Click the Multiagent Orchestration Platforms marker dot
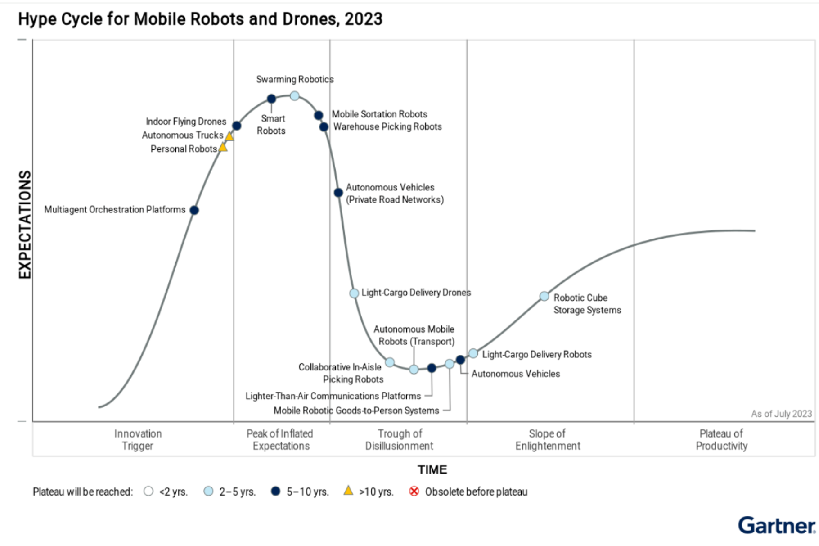pyautogui.click(x=194, y=210)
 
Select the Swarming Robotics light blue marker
pyautogui.click(x=295, y=96)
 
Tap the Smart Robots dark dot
pyautogui.click(x=271, y=99)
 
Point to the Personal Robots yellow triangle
pyautogui.click(x=223, y=147)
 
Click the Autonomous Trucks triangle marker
pyautogui.click(x=229, y=136)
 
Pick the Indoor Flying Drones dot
pyautogui.click(x=237, y=126)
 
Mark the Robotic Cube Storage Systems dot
pyautogui.click(x=544, y=296)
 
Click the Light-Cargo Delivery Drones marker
pyautogui.click(x=355, y=293)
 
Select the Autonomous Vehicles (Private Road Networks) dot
pyautogui.click(x=339, y=193)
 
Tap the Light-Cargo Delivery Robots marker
pyautogui.click(x=473, y=354)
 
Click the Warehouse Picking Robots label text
pyautogui.click(x=387, y=127)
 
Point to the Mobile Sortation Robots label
pyautogui.click(x=379, y=114)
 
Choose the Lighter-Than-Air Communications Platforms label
pyautogui.click(x=333, y=396)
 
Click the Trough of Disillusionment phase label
pyautogui.click(x=399, y=440)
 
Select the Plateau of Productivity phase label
pyautogui.click(x=721, y=440)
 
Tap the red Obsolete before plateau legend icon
pyautogui.click(x=414, y=491)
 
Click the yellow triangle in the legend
pyautogui.click(x=348, y=491)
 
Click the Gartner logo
pyautogui.click(x=776, y=525)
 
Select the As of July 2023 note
pyautogui.click(x=781, y=414)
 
